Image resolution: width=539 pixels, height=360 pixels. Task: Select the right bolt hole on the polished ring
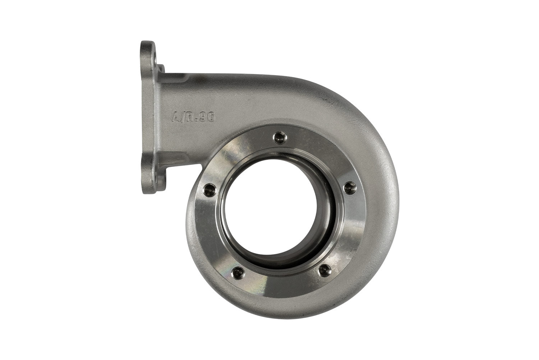tap(351, 186)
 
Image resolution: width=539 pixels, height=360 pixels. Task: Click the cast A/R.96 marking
tap(193, 117)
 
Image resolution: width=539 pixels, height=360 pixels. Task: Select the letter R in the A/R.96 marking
tap(191, 117)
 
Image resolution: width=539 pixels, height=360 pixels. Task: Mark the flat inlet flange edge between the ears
tap(143, 115)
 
